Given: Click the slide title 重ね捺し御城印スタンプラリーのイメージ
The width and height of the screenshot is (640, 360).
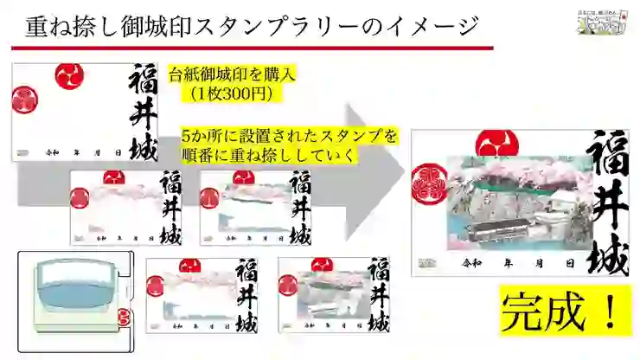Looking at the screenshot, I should pos(251,25).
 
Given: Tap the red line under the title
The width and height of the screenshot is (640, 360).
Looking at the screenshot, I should pos(251,48).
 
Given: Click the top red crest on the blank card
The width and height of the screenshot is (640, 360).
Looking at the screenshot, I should pos(69,75).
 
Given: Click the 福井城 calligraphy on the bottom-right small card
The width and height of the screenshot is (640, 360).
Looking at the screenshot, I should pos(374,295).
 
